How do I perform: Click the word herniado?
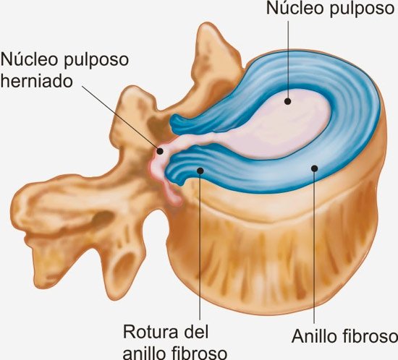pyautogui.click(x=37, y=81)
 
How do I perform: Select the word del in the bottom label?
pyautogui.click(x=195, y=332)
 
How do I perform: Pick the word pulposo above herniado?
pyautogui.click(x=96, y=61)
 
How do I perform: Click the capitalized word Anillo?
pyautogui.click(x=314, y=336)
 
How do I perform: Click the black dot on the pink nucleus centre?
pyautogui.click(x=287, y=101)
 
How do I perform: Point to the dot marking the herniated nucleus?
pyautogui.click(x=160, y=151)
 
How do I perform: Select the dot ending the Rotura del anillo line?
pyautogui.click(x=200, y=171)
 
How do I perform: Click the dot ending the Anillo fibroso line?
pyautogui.click(x=315, y=168)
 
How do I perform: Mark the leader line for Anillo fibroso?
pyautogui.click(x=315, y=246)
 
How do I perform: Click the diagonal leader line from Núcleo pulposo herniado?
pyautogui.click(x=121, y=118)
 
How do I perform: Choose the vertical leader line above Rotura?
pyautogui.click(x=200, y=245)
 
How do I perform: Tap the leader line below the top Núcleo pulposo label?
pyautogui.click(x=288, y=61)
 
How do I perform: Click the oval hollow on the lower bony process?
pyautogui.click(x=125, y=268)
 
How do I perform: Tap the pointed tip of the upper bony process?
pyautogui.click(x=206, y=25)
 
